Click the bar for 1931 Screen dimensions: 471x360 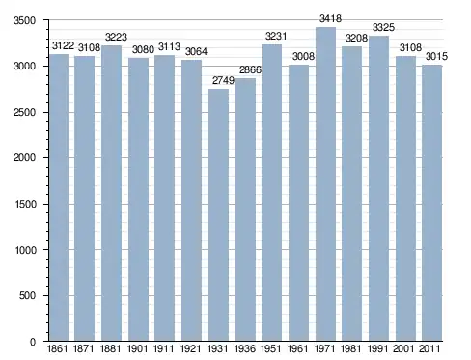coord(218,214)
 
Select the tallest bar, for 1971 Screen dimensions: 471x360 coord(325,184)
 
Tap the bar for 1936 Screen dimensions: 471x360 coord(245,209)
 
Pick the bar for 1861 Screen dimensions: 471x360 coord(60,198)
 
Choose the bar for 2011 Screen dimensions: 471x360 coord(432,203)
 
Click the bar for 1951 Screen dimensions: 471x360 coord(271,193)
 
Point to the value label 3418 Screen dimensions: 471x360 coord(330,18)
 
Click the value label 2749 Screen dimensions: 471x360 coord(223,80)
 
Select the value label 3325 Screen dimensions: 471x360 coord(383,27)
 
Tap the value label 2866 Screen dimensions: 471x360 coord(250,69)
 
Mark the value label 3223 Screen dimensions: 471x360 coord(116,37)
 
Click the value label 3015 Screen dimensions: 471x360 coord(436,56)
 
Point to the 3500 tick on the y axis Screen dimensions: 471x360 coord(24,20)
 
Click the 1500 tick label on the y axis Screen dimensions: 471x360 coord(25,204)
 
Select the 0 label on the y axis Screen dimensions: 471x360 coord(33,342)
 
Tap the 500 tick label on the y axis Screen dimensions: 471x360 coord(27,295)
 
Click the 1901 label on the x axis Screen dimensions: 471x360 coord(138,349)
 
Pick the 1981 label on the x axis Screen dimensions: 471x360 coord(350,349)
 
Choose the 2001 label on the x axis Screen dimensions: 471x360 coord(403,349)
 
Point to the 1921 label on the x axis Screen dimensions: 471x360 coord(191,349)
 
